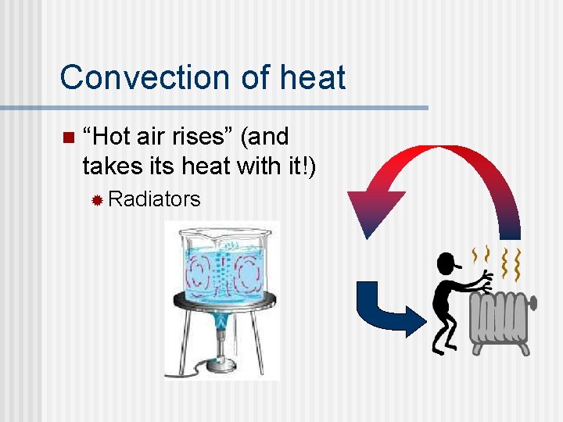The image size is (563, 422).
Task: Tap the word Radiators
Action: click(x=154, y=199)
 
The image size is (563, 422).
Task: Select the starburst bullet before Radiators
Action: click(x=97, y=200)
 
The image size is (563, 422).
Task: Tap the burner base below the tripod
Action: click(x=221, y=365)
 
